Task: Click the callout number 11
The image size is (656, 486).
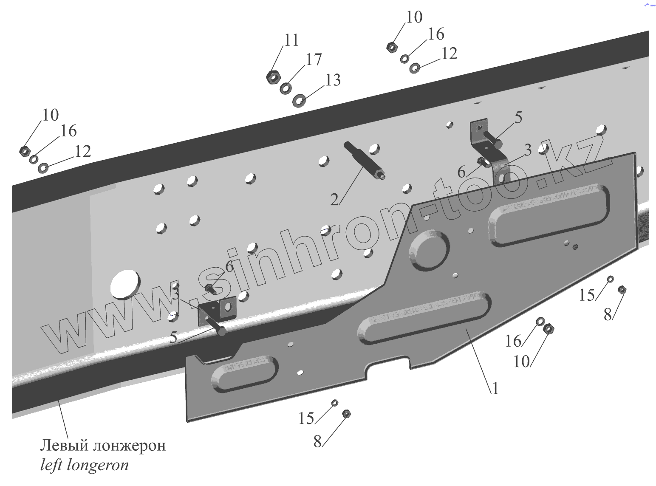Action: (291, 40)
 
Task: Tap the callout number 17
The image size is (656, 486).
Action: (314, 60)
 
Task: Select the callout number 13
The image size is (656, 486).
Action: (333, 80)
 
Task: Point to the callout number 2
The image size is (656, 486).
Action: (335, 199)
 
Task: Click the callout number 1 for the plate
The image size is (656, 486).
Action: (495, 388)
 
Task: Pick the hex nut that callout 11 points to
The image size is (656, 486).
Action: (273, 77)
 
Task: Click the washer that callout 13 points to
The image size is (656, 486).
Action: (300, 101)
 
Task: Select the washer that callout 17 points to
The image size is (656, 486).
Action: (286, 88)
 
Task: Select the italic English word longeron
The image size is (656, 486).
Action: (98, 466)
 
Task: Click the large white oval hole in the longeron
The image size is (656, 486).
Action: (125, 283)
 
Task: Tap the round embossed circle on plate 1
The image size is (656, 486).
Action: (430, 250)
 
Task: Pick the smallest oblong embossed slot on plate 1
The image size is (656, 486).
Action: (245, 373)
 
